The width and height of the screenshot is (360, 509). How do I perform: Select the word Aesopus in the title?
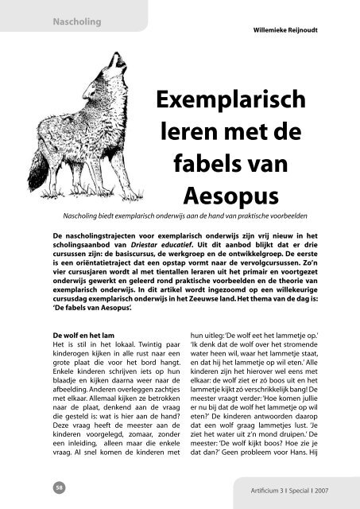tap(247, 196)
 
